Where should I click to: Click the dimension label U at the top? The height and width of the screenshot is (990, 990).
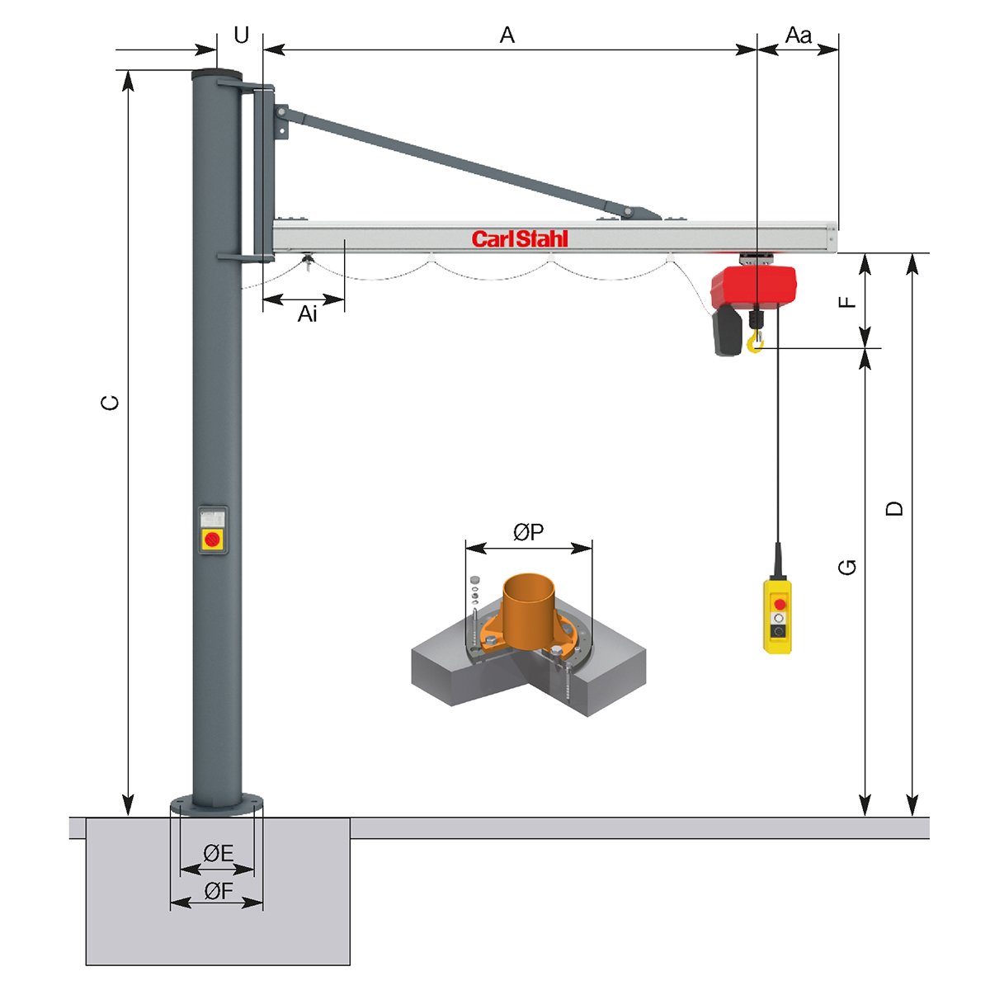[x=241, y=35]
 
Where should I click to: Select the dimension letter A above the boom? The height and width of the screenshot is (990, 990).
[x=507, y=35]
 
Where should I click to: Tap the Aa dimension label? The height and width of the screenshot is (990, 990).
[x=798, y=35]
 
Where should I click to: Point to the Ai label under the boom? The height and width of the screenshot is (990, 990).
[x=307, y=314]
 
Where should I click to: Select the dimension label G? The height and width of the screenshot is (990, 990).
[x=847, y=567]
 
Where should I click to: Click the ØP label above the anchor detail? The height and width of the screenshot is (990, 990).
[x=529, y=532]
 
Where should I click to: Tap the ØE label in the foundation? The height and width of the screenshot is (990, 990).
[x=218, y=854]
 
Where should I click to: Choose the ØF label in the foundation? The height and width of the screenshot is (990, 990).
[x=218, y=891]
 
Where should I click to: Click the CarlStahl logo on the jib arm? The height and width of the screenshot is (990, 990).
[x=520, y=239]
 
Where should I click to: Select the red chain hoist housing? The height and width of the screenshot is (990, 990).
[x=755, y=286]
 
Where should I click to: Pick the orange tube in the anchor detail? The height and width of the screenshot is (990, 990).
[x=529, y=610]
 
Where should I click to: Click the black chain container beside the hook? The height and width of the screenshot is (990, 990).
[x=727, y=332]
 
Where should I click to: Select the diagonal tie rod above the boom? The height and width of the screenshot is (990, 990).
[x=462, y=161]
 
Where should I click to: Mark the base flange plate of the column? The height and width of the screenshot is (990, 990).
[x=216, y=803]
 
